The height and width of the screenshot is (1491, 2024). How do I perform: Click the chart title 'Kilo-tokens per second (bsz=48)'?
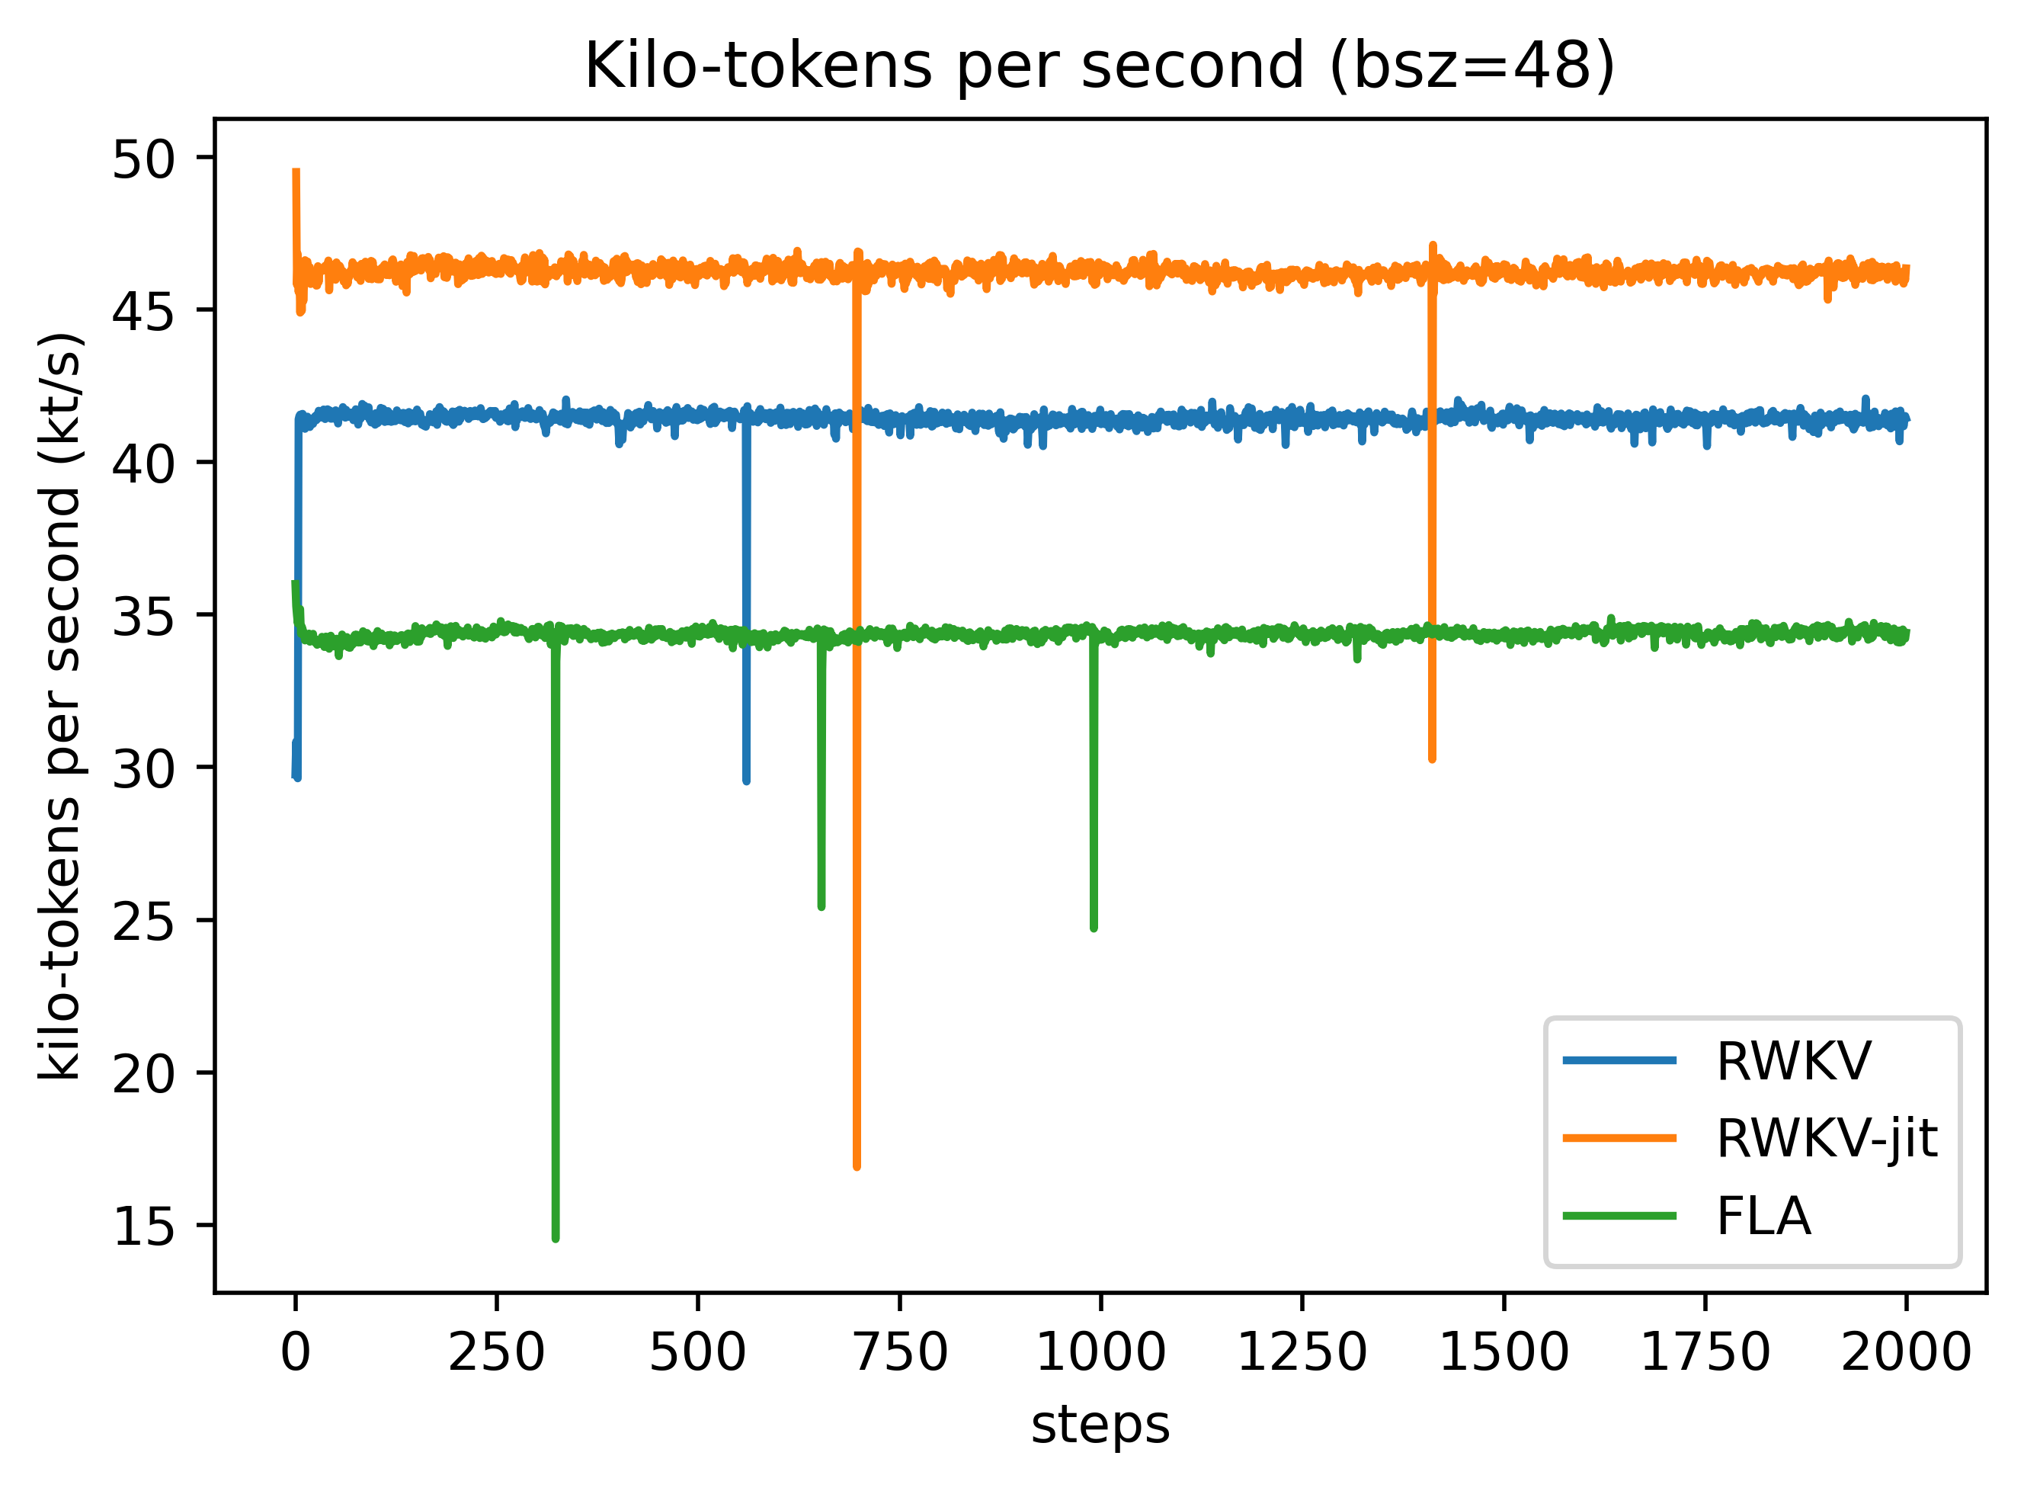tap(1099, 67)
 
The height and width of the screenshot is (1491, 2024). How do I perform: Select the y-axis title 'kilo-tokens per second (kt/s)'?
tap(62, 706)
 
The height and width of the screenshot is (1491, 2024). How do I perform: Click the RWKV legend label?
tap(1793, 1060)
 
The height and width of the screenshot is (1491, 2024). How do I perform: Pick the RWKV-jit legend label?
tap(1827, 1138)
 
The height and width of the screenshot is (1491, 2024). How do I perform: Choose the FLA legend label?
tap(1763, 1216)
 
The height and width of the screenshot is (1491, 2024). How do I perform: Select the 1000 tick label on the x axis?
tap(1100, 1352)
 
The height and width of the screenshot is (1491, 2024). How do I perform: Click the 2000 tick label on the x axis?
tap(1905, 1352)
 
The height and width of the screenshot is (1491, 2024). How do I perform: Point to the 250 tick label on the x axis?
tap(496, 1352)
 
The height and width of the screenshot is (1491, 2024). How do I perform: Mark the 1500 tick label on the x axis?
tap(1504, 1352)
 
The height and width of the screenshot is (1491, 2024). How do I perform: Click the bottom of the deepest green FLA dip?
tap(555, 1238)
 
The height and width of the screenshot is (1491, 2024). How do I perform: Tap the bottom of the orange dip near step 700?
tap(857, 1166)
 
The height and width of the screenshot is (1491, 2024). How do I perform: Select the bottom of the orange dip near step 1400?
tap(1432, 758)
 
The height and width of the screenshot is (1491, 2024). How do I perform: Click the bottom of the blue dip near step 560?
tap(746, 780)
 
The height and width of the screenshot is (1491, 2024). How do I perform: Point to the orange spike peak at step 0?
tap(296, 172)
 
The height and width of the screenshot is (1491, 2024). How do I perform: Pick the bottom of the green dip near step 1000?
tap(1094, 928)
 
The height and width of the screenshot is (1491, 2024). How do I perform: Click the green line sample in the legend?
tap(1620, 1216)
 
